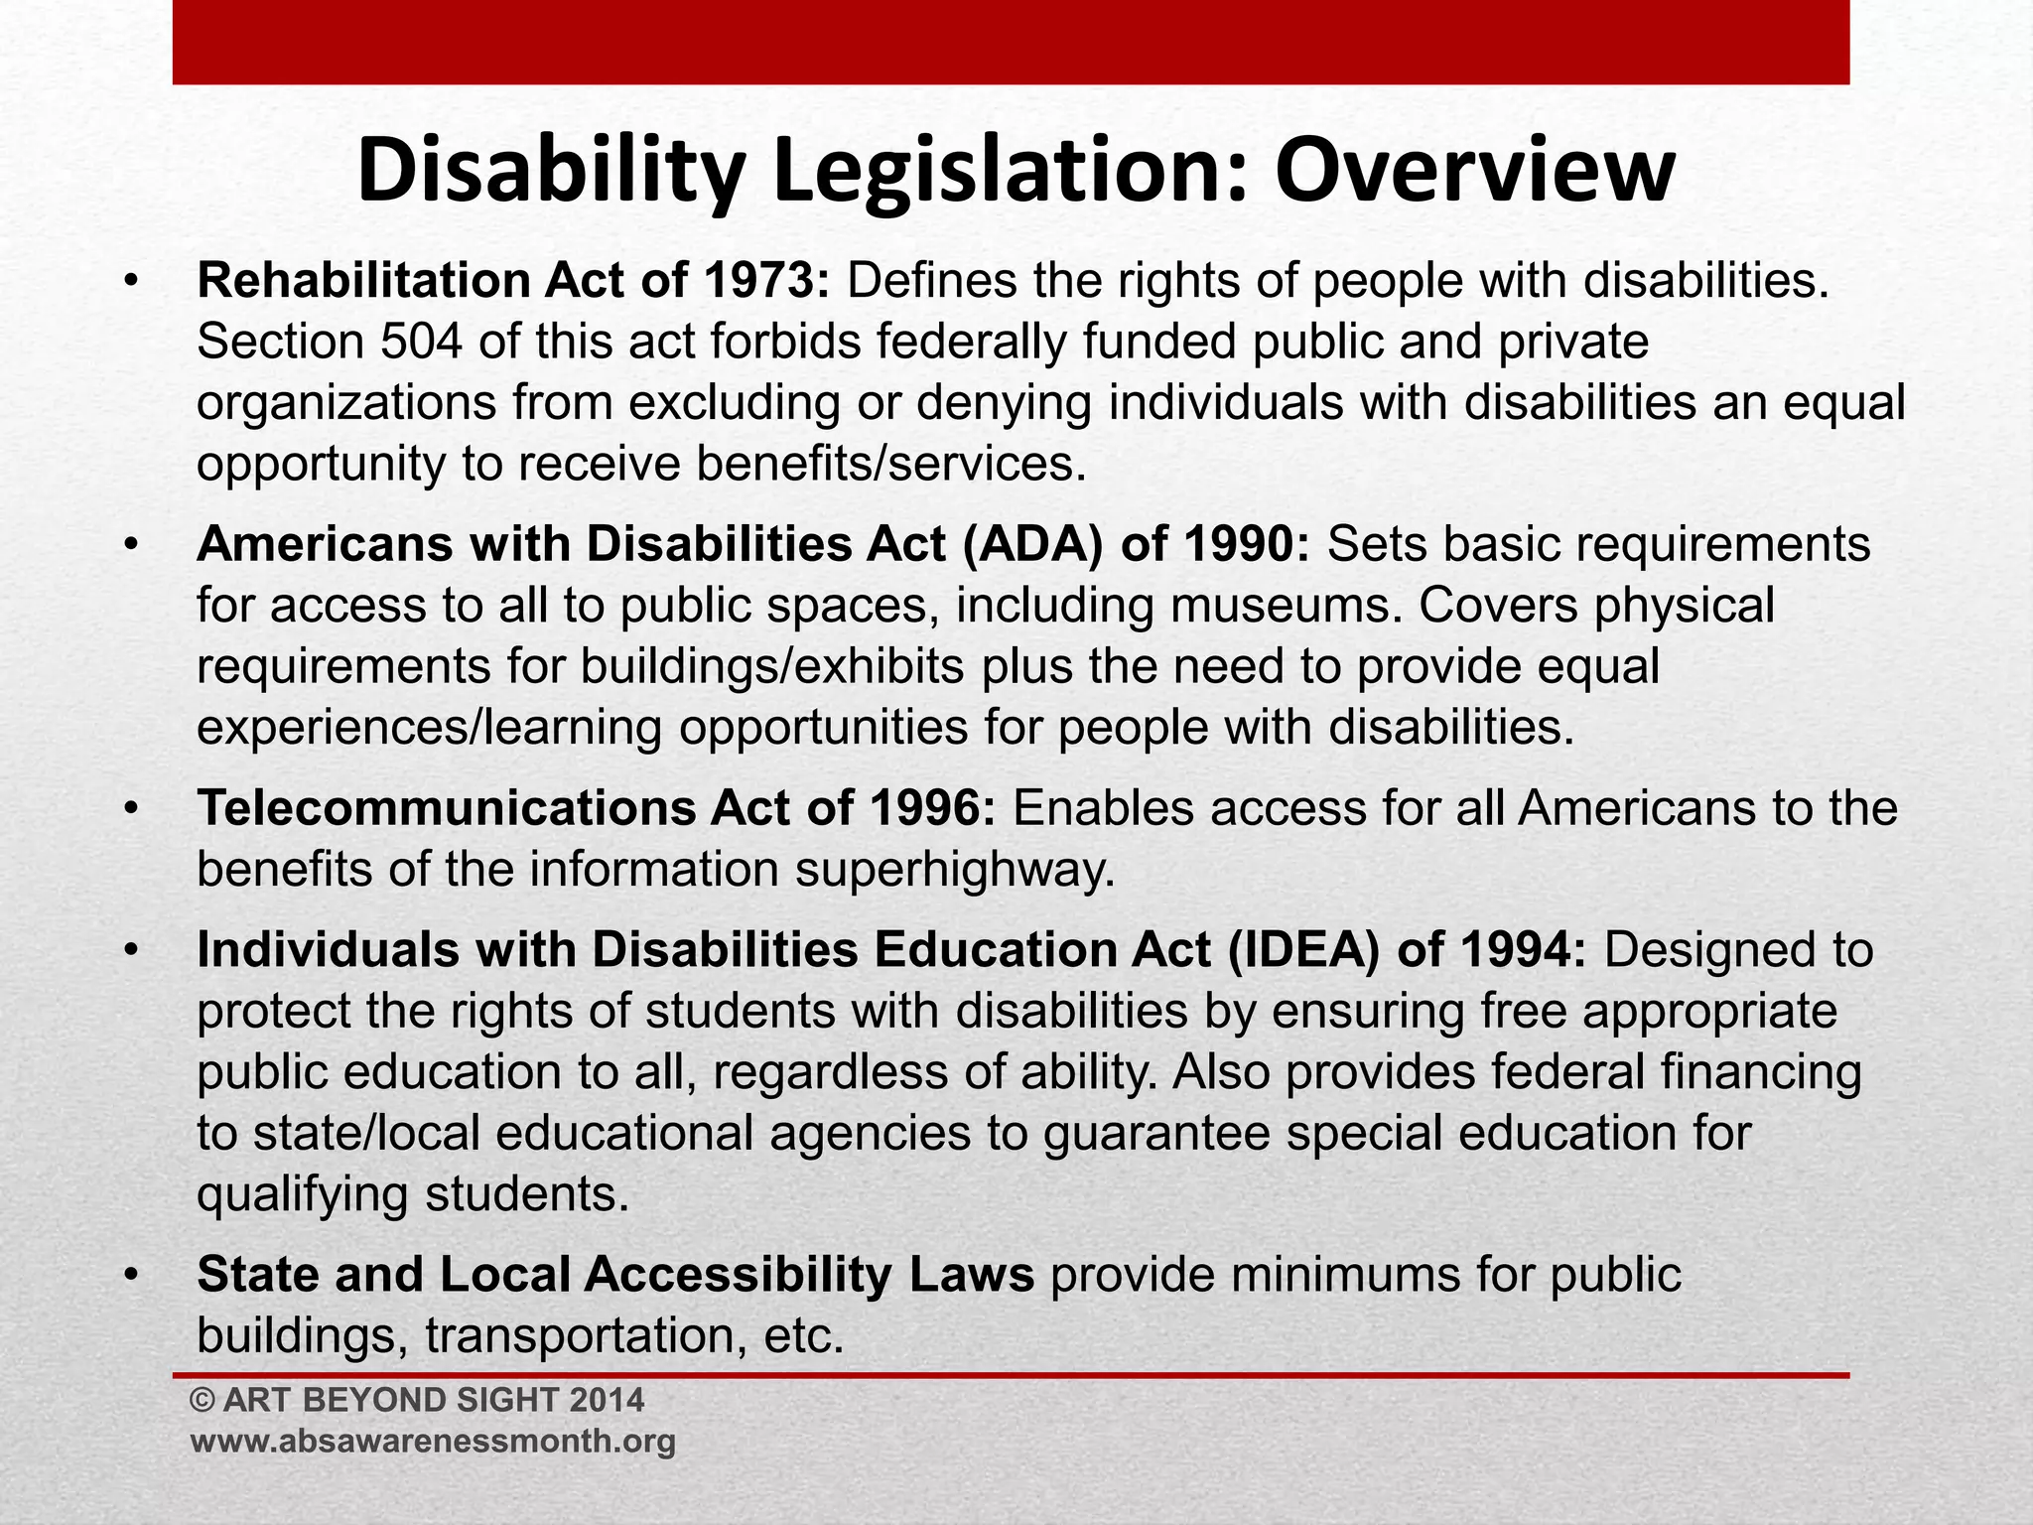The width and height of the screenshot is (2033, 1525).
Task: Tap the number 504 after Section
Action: (421, 343)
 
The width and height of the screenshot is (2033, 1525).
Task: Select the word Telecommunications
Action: (446, 809)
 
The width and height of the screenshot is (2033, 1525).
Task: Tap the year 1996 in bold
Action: (923, 809)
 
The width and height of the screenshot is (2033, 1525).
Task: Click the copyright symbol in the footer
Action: (203, 1401)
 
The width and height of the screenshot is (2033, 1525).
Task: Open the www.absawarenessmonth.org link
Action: (433, 1442)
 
